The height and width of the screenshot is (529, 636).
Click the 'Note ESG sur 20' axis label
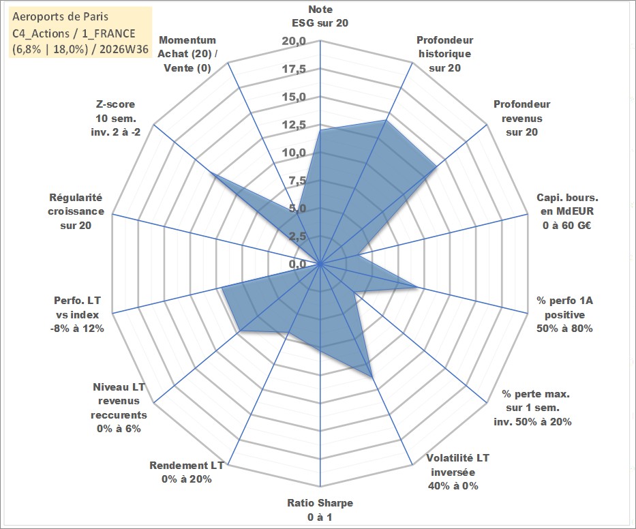point(320,16)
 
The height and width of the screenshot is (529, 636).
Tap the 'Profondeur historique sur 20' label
point(444,54)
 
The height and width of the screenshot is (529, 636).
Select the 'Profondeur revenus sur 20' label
point(521,118)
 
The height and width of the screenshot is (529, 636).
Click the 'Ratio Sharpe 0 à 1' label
point(320,510)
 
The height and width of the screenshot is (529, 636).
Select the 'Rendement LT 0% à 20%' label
point(187,472)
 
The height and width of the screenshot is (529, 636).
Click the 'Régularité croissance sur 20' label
point(76,211)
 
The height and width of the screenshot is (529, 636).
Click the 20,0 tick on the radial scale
point(294,42)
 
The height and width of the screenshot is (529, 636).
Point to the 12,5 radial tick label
point(294,125)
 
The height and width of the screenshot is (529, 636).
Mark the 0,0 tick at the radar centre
point(297,264)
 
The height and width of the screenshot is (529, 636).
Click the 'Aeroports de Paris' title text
point(61,16)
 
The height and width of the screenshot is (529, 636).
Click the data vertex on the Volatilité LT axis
point(372,377)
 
